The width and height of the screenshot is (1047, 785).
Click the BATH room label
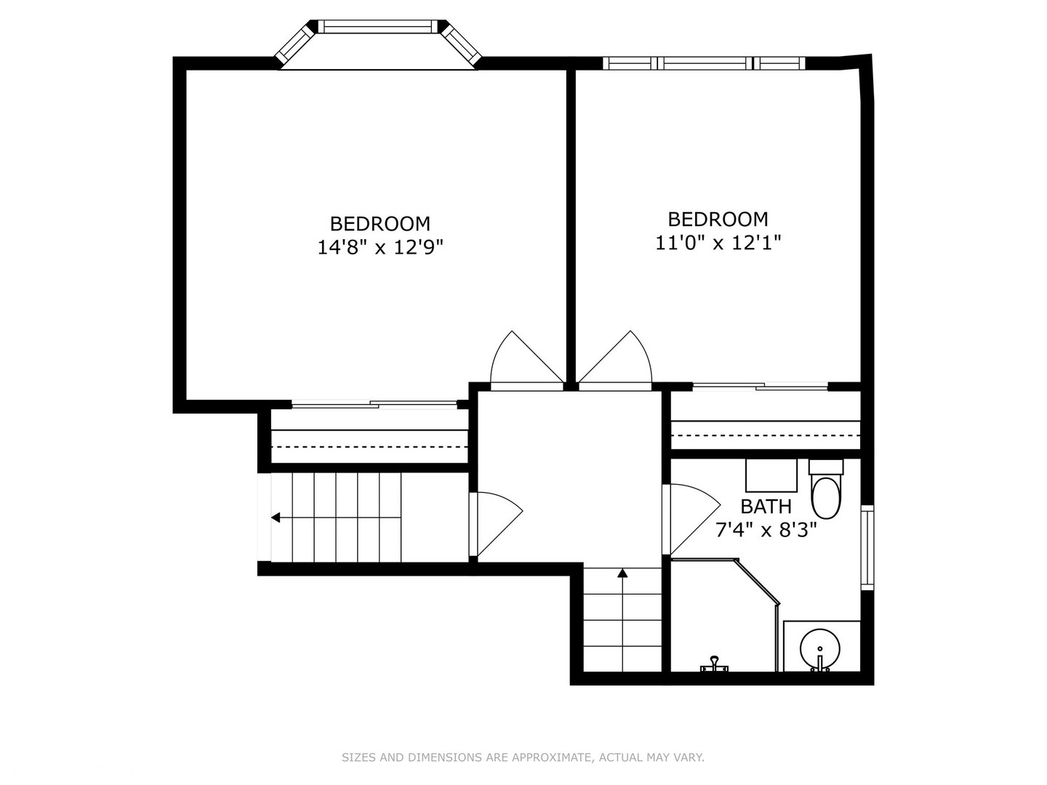(766, 506)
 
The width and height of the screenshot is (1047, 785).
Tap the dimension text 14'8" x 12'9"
(380, 247)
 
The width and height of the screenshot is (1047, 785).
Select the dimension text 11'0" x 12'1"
(718, 243)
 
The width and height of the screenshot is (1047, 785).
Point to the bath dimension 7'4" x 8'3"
(766, 530)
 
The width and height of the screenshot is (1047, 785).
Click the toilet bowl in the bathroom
(826, 499)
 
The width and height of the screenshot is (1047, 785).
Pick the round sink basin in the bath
(820, 649)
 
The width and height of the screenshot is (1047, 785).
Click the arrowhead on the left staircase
(276, 518)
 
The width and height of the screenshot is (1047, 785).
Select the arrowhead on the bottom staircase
(622, 573)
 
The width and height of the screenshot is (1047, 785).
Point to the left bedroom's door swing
(526, 358)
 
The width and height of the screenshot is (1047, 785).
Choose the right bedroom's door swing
(616, 358)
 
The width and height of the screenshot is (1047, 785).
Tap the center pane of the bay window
(377, 27)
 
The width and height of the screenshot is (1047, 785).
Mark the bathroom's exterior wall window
(867, 547)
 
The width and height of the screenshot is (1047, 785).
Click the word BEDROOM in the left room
(380, 224)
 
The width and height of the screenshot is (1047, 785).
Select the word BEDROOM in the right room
(718, 220)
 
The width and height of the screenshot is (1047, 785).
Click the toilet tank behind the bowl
(826, 467)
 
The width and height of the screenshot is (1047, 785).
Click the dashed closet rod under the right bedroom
(766, 435)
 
